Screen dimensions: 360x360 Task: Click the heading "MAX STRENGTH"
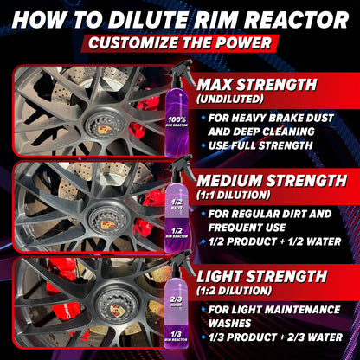click(x=269, y=85)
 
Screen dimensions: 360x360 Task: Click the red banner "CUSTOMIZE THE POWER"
click(x=180, y=43)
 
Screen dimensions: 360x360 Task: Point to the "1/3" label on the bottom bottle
click(x=177, y=334)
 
